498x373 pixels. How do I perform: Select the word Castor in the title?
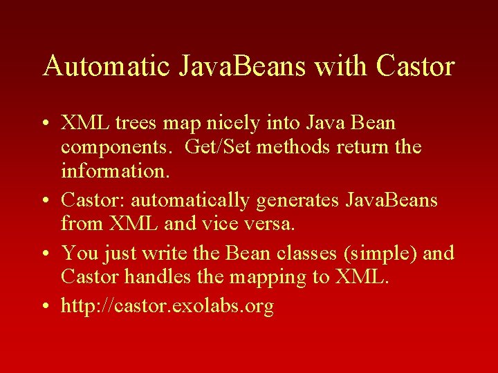[416, 66]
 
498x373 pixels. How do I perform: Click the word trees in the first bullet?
[136, 124]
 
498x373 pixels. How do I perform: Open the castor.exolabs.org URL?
[167, 306]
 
